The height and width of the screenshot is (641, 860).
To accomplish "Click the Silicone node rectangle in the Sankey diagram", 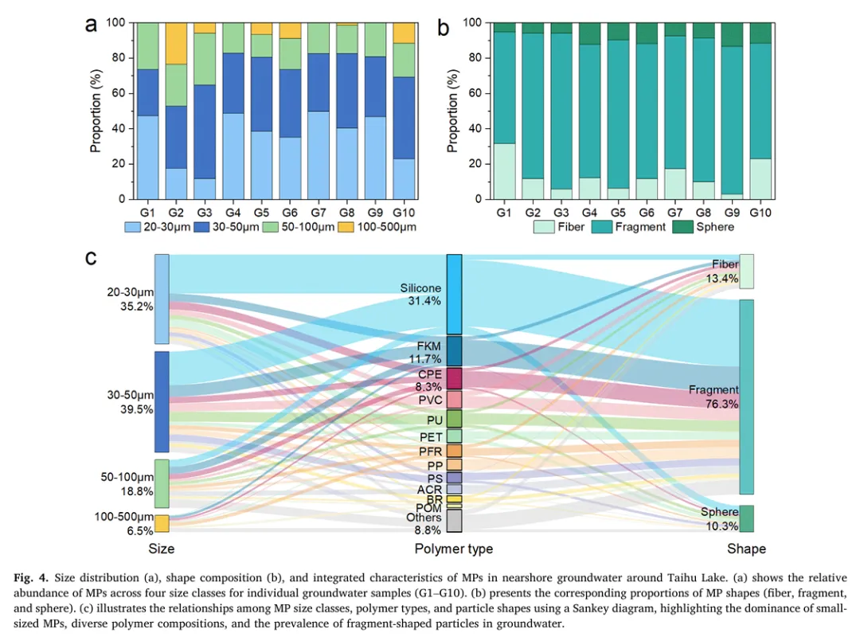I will click(455, 294).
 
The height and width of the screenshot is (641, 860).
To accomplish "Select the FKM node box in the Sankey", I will click(455, 350).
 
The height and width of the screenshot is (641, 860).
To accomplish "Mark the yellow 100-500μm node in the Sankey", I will click(162, 523).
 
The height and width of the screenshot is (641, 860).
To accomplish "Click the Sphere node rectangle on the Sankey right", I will click(746, 518).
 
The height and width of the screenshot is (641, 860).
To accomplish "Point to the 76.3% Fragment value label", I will click(722, 404).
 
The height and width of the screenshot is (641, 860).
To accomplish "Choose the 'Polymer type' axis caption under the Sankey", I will click(454, 549).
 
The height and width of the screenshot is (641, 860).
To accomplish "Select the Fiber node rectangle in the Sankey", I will click(746, 272).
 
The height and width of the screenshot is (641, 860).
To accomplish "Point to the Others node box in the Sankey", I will click(455, 520).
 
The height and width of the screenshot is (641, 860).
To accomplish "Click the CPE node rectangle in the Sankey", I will click(455, 377).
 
